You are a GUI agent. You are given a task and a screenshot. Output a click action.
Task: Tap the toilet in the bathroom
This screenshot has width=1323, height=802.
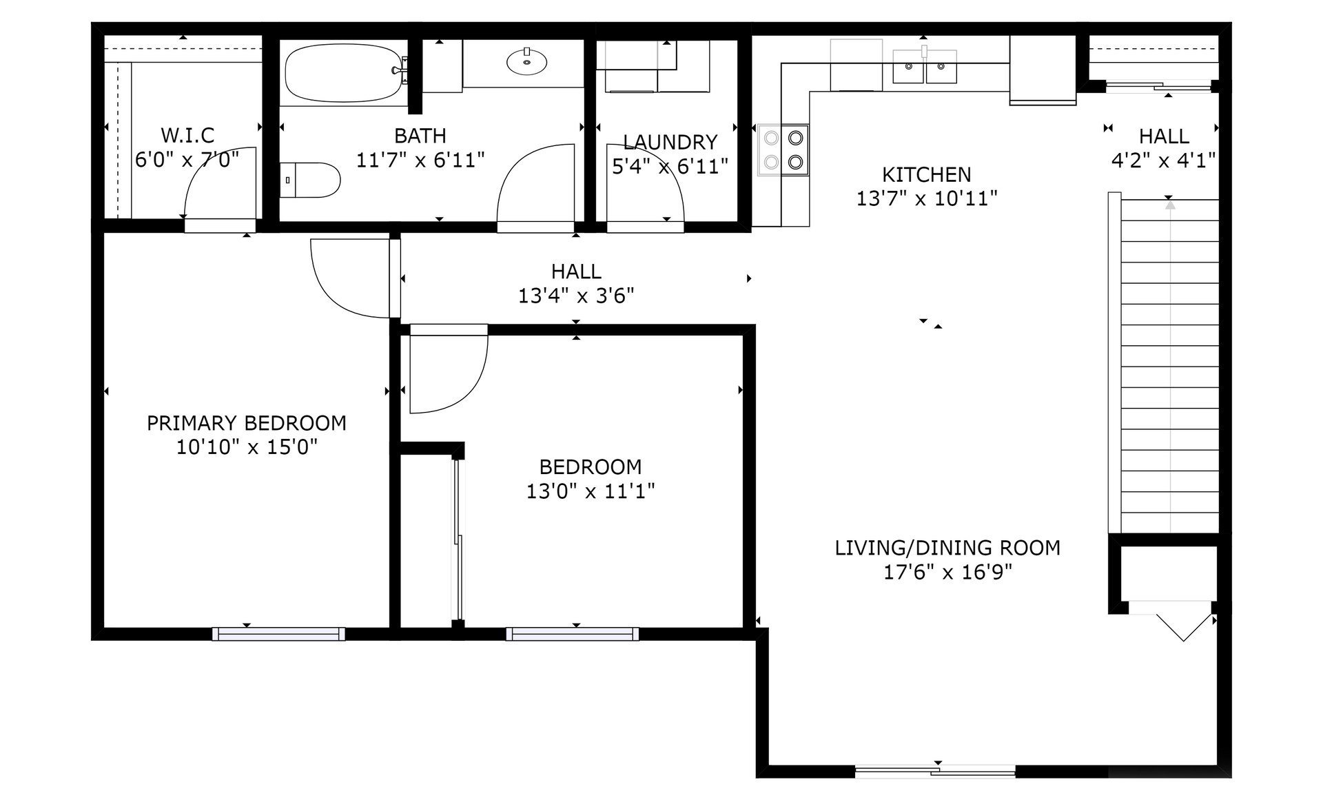pos(310,180)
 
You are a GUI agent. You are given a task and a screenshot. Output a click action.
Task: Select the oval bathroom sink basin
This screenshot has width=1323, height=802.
pos(527,62)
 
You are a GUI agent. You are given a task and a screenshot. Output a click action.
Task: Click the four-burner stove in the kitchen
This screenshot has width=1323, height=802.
pos(783,150)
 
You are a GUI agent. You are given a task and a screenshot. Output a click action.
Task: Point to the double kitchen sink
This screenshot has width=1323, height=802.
pos(925,67)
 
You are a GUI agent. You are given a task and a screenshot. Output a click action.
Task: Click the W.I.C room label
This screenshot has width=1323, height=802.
pos(187,135)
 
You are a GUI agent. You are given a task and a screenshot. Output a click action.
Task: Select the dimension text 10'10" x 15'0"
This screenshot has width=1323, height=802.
pos(247,447)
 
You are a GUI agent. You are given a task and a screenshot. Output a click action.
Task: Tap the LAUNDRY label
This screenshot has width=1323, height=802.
pos(670,142)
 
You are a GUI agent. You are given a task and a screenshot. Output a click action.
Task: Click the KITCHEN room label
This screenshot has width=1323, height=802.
pos(927,174)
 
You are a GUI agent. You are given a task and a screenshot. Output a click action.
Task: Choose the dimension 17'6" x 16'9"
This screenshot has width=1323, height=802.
pos(947,572)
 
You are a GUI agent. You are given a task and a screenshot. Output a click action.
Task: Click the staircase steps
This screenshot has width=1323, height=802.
pos(1170,365)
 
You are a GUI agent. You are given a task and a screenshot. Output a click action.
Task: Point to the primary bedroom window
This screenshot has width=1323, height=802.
pos(279,634)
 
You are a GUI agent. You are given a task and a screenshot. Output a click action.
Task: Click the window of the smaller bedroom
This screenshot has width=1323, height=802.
pos(573,634)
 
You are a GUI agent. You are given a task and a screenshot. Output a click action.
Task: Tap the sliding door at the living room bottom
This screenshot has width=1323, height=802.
pos(935,771)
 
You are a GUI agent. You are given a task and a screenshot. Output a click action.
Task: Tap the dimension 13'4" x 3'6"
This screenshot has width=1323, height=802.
pos(576,296)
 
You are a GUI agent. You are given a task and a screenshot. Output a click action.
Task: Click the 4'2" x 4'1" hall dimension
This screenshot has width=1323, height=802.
pos(1163,161)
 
